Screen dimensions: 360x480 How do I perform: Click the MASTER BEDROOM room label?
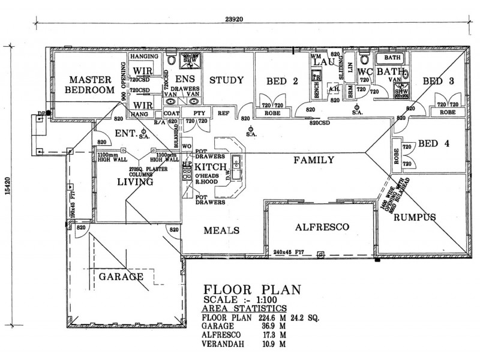pyautogui.click(x=89, y=85)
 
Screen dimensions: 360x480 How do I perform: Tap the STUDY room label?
pyautogui.click(x=226, y=80)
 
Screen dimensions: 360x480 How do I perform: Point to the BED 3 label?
pyautogui.click(x=437, y=82)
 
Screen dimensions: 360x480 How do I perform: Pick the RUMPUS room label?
pyautogui.click(x=415, y=218)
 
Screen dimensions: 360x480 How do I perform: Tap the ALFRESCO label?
pyautogui.click(x=322, y=227)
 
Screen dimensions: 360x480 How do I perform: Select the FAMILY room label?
pyautogui.click(x=313, y=160)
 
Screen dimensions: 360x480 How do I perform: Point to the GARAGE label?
pyautogui.click(x=121, y=277)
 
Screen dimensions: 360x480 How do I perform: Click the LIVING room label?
pyautogui.click(x=136, y=182)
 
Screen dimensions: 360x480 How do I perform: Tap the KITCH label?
pyautogui.click(x=211, y=166)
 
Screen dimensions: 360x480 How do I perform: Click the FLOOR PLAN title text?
pyautogui.click(x=251, y=290)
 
